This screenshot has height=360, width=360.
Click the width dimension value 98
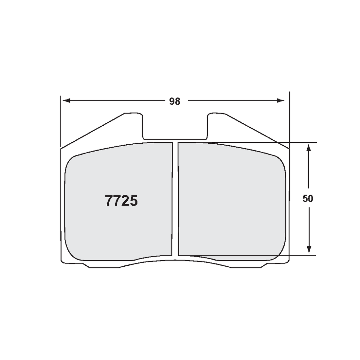tap(175, 101)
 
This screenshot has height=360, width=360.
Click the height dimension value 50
tap(308, 199)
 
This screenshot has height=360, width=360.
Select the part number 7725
tap(121, 201)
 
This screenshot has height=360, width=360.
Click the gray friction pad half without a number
tap(231, 200)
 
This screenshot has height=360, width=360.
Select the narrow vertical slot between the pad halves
tap(175, 200)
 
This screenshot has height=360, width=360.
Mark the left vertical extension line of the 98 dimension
tap(61, 121)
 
